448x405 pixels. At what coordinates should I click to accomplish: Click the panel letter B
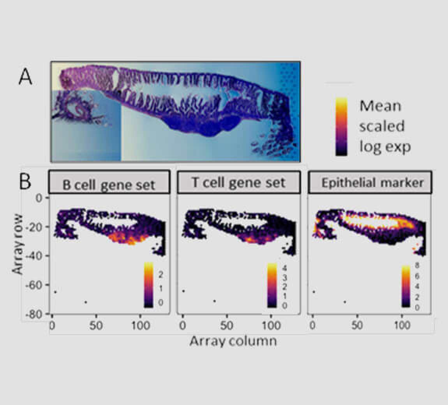(25, 182)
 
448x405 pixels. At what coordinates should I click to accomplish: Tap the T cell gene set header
(238, 182)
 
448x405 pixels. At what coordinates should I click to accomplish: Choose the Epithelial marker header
(372, 183)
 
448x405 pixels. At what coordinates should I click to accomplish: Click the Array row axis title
(18, 243)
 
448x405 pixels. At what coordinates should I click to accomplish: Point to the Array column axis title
(233, 341)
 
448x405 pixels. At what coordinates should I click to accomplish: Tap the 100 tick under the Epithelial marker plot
(401, 325)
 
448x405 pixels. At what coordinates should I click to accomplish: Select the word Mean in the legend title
(380, 106)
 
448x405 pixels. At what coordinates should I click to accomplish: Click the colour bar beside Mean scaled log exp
(341, 127)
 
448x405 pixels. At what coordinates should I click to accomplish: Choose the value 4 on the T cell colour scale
(285, 268)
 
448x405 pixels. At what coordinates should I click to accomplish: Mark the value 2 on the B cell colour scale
(161, 274)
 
